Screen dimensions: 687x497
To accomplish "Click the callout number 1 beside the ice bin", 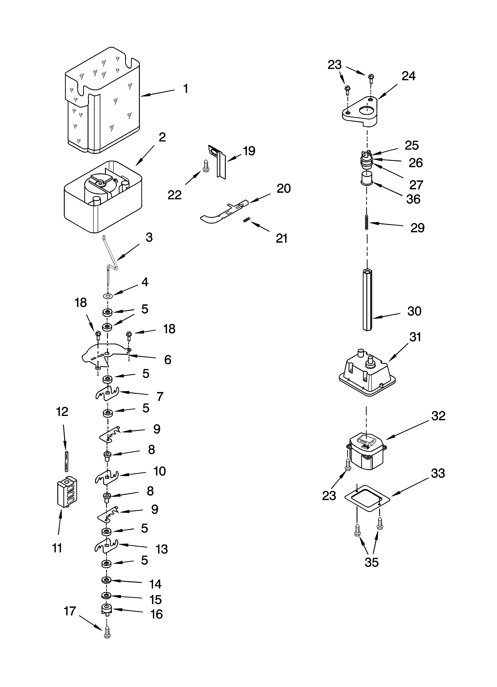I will point(186,89).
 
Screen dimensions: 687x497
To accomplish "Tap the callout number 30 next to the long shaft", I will point(414,311).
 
